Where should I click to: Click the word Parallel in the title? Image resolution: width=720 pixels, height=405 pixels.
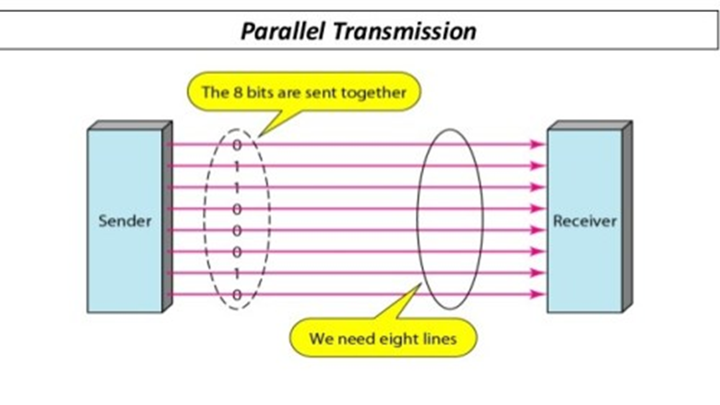281,31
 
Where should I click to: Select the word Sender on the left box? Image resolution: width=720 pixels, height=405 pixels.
124,221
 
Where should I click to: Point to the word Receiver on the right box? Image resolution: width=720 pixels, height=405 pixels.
584,221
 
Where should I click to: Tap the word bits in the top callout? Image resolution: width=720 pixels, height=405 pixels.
259,92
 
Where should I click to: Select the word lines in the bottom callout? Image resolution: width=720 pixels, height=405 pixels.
436,339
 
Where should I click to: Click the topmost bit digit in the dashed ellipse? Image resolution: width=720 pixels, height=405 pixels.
237,145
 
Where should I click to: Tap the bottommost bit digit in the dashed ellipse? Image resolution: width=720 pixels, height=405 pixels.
237,294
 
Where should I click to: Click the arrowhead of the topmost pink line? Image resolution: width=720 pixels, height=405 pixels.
537,145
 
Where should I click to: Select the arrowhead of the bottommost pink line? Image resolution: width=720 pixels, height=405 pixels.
537,295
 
